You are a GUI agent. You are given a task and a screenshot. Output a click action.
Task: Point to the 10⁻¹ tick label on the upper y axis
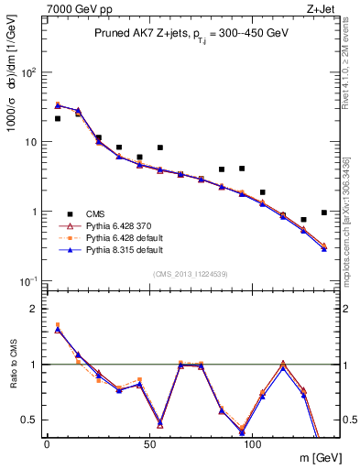pos(28,281)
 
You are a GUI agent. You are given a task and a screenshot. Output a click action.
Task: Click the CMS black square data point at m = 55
pos(159,147)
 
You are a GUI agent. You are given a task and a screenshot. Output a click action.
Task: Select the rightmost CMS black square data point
pos(324,213)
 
